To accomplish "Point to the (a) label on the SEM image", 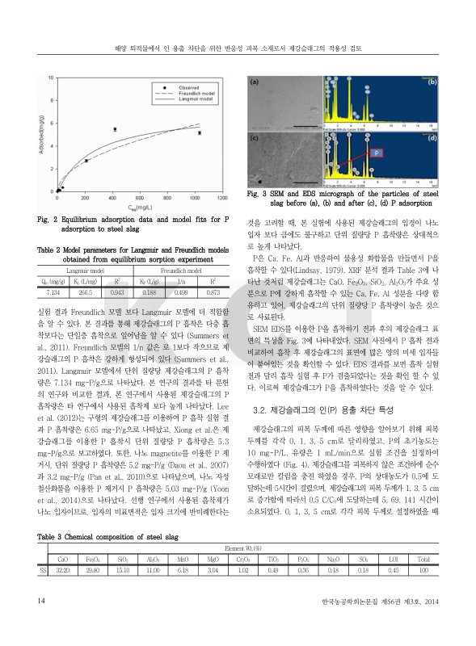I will [x=255, y=82].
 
